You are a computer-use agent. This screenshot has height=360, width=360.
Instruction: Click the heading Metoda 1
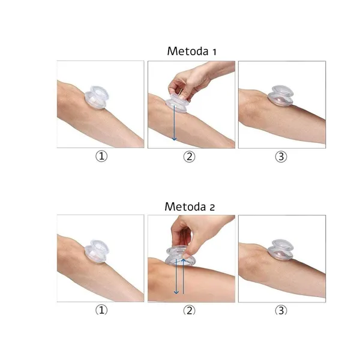pyautogui.click(x=192, y=51)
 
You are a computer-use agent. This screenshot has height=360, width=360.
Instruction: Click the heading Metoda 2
pyautogui.click(x=190, y=206)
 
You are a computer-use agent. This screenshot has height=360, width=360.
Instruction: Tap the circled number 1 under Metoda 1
pyautogui.click(x=101, y=157)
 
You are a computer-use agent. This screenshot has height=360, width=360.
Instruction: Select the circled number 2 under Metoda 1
pyautogui.click(x=189, y=157)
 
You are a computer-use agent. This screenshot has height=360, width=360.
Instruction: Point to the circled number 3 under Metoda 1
pyautogui.click(x=281, y=157)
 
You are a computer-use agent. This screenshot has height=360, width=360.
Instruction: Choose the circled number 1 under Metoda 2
pyautogui.click(x=101, y=310)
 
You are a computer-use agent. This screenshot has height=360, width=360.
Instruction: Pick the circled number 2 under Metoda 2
pyautogui.click(x=189, y=310)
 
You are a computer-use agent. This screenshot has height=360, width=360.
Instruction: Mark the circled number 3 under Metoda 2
pyautogui.click(x=281, y=310)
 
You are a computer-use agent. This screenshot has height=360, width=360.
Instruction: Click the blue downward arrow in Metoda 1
pyautogui.click(x=174, y=123)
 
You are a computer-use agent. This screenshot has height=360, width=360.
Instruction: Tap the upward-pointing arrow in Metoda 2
pyautogui.click(x=183, y=276)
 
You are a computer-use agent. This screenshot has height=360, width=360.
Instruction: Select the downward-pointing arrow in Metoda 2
pyautogui.click(x=176, y=276)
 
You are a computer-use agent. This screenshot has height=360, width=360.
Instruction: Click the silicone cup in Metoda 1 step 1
pyautogui.click(x=97, y=97)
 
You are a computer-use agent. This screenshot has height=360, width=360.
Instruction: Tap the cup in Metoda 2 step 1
pyautogui.click(x=97, y=251)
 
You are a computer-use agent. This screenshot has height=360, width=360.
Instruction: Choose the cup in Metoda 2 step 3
pyautogui.click(x=281, y=250)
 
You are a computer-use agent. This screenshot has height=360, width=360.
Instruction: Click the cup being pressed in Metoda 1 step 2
pyautogui.click(x=177, y=104)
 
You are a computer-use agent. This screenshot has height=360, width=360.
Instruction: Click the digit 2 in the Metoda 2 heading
pyautogui.click(x=212, y=208)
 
